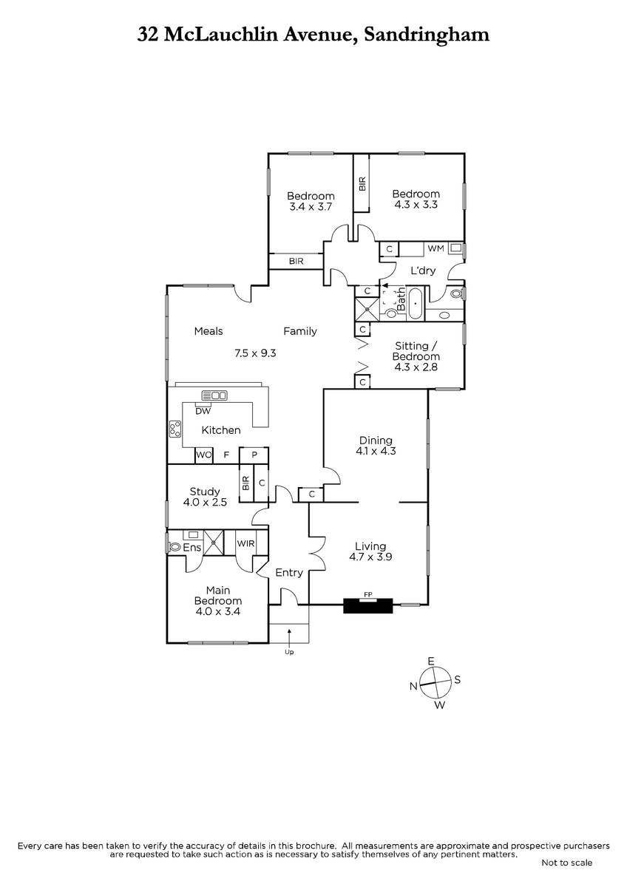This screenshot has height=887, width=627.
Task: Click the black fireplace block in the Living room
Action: pos(367,606)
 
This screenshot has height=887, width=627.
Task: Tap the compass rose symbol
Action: pos(435,682)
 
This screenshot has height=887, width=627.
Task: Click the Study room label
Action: pos(204,492)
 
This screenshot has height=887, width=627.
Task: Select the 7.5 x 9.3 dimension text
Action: pos(255,353)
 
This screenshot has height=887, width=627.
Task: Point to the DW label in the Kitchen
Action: pos(203,411)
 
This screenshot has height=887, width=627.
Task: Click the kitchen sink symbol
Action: pos(214,395)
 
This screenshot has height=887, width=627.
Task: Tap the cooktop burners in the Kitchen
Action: pos(175,429)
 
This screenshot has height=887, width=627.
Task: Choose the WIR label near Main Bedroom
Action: pos(245,543)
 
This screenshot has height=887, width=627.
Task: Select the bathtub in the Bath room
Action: pos(416,303)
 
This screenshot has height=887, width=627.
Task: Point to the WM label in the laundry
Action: pos(435,248)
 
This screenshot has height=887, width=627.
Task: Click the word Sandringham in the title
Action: pos(427,35)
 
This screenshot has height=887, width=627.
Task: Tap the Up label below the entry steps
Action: pos(289,652)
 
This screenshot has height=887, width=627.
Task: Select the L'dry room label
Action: pos(423,271)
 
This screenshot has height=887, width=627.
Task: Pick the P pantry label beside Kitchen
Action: pos(254,455)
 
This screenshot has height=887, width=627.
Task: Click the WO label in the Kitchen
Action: pos(204,455)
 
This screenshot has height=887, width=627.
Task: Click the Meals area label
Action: pos(209,331)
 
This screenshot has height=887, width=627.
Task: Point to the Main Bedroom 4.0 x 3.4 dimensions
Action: pos(218,611)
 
